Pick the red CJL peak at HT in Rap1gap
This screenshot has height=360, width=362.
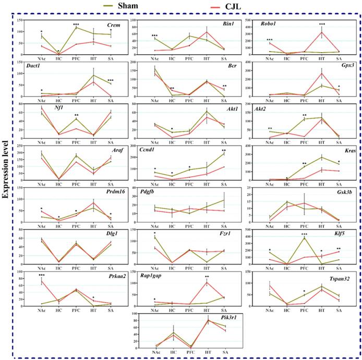point(207,283)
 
